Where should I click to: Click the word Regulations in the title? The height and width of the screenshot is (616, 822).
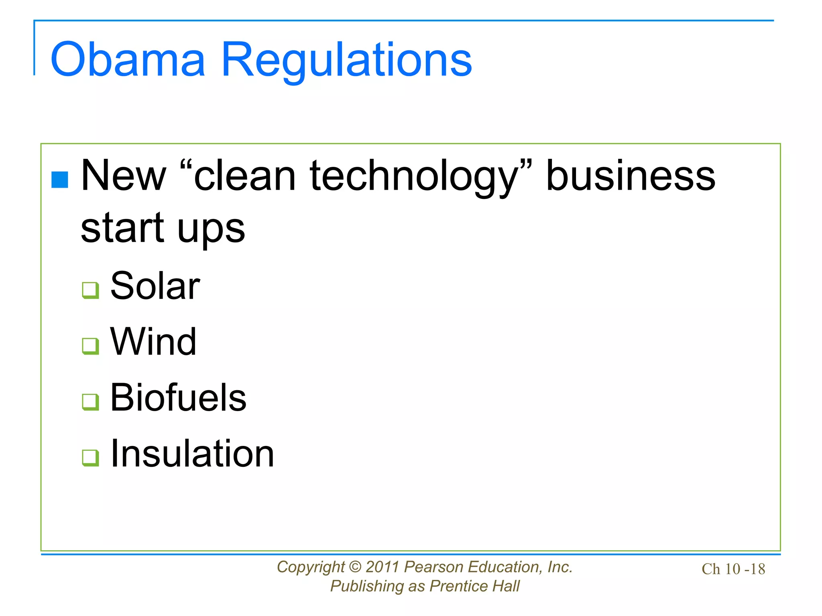tap(346, 60)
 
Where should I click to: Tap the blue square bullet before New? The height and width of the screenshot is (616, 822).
tap(60, 180)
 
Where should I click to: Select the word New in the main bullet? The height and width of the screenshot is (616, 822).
tap(123, 176)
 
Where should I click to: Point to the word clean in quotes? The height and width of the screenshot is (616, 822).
tap(244, 176)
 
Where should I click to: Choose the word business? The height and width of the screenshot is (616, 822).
tap(631, 176)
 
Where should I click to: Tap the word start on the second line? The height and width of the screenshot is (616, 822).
tap(122, 227)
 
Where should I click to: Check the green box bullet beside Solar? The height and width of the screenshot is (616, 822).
tap(90, 290)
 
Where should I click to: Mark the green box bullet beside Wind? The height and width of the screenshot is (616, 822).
tap(90, 346)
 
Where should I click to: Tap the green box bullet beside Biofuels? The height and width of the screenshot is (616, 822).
tap(90, 402)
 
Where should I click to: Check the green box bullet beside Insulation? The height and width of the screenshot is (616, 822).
tap(90, 458)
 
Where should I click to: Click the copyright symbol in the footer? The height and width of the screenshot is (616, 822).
tap(355, 567)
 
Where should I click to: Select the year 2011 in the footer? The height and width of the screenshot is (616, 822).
tap(383, 567)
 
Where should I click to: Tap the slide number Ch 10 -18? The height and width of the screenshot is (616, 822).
tap(733, 569)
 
